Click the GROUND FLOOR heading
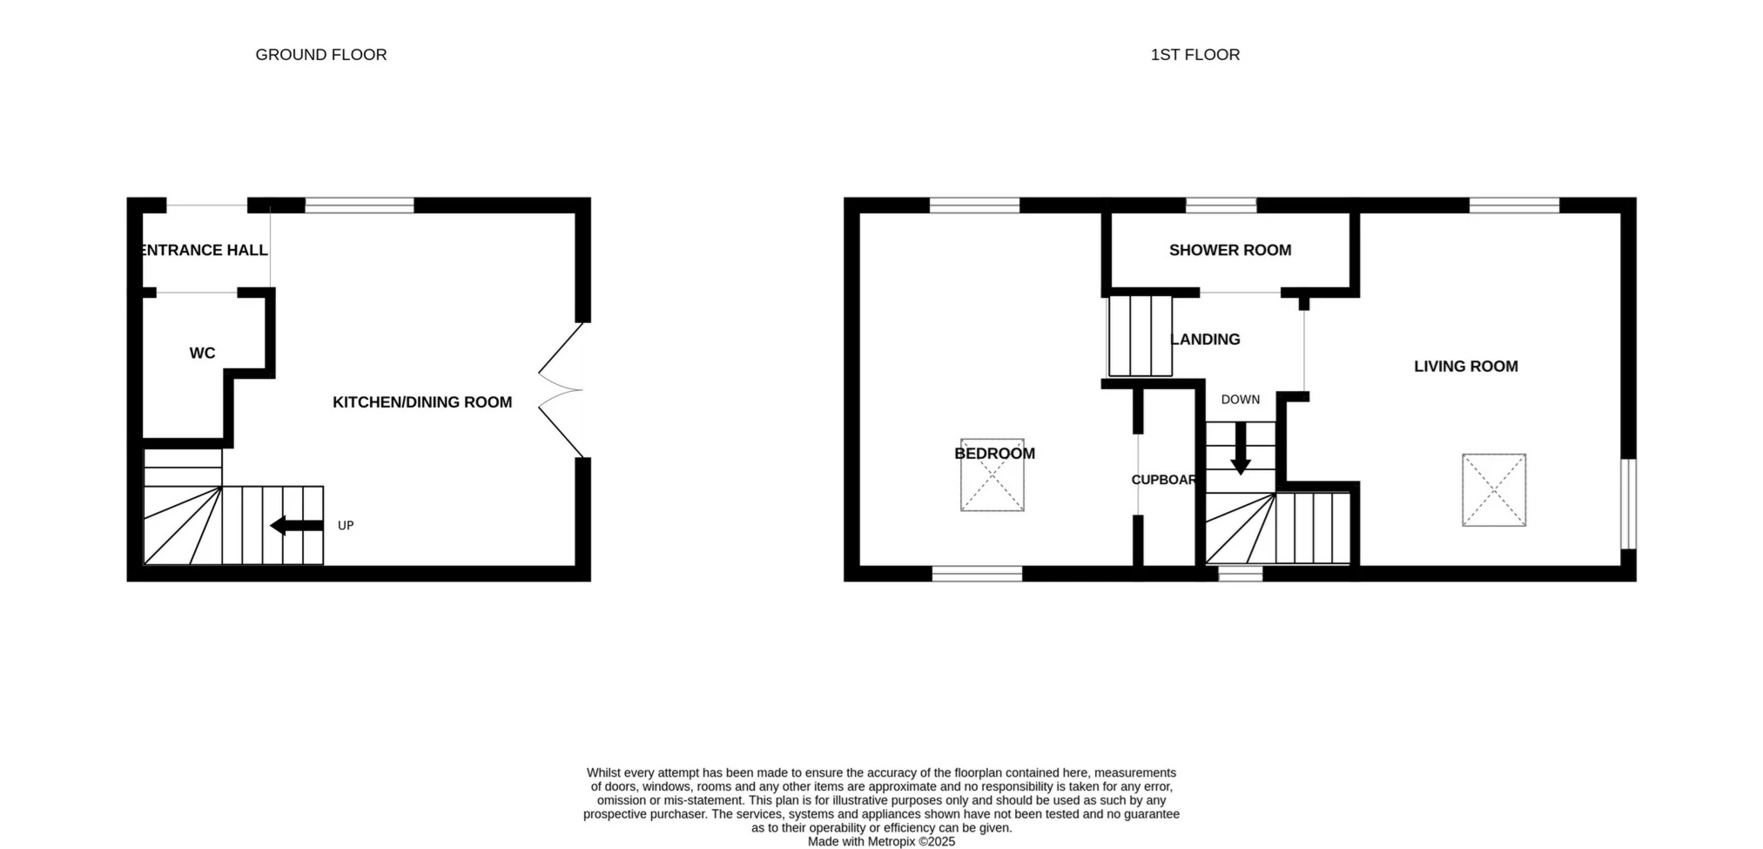tap(321, 55)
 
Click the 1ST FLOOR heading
tap(1195, 55)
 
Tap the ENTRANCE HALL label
tap(205, 250)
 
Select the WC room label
tap(202, 353)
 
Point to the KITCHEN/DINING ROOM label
tap(422, 402)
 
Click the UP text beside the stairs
tap(346, 526)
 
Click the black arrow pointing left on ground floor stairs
tap(297, 525)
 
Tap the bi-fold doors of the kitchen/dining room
tap(560, 390)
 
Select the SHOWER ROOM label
tap(1230, 250)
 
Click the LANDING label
tap(1206, 340)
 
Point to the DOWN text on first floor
tap(1241, 400)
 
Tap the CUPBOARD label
tap(1164, 480)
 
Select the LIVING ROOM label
tap(1466, 367)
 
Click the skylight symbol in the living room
tap(1494, 490)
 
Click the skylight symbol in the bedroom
tap(993, 475)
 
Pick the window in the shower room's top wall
tap(1221, 206)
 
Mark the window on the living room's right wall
tap(1629, 504)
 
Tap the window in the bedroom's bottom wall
tap(977, 574)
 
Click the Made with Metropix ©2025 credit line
tap(881, 842)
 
